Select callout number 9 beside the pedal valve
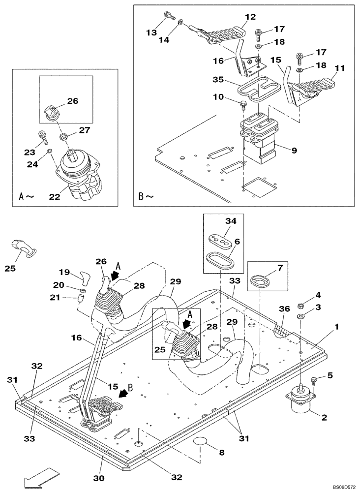(294, 151)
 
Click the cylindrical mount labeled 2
(299, 400)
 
